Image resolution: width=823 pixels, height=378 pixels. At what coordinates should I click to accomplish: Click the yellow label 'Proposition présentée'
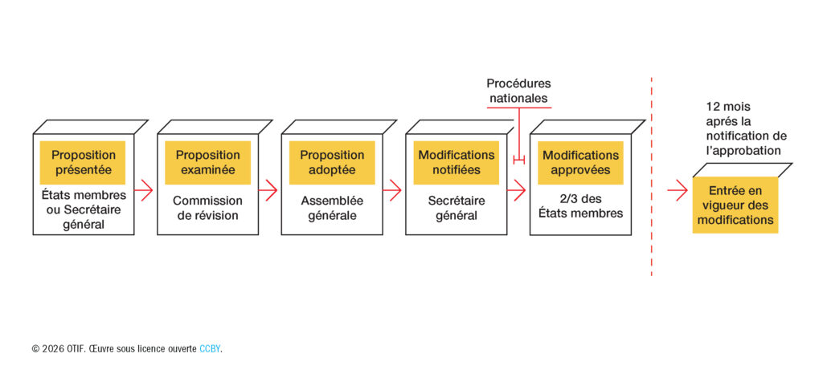tap(83, 162)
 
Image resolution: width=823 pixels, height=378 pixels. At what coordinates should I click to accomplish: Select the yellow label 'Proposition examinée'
tap(207, 162)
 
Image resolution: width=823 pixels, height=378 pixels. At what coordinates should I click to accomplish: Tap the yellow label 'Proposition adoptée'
tap(332, 162)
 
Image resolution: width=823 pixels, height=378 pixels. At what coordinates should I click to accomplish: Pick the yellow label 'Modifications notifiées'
tap(456, 162)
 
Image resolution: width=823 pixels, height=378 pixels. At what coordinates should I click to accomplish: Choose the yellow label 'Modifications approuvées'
tap(580, 162)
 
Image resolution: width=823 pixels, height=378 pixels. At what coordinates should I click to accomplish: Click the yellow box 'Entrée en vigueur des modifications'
tap(735, 205)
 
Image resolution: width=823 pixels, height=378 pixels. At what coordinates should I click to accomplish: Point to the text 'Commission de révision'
tap(207, 208)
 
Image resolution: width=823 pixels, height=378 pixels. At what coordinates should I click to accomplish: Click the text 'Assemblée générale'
tap(332, 208)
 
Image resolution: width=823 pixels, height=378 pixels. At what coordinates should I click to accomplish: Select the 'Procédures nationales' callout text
tap(518, 91)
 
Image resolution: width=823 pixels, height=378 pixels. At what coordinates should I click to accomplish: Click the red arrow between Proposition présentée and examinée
tap(144, 191)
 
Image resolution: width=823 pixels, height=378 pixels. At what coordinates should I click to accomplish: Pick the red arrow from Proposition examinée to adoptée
tap(268, 191)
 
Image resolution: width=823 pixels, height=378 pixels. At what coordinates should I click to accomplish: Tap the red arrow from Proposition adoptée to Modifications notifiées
tap(392, 191)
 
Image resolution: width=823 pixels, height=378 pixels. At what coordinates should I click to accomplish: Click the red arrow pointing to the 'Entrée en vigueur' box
tap(678, 191)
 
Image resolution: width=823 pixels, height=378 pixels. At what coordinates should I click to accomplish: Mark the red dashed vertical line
tap(651, 177)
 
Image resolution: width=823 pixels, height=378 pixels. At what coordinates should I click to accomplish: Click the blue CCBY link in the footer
tap(210, 348)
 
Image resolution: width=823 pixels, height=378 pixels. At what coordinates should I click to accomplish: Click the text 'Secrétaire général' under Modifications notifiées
tap(456, 208)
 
